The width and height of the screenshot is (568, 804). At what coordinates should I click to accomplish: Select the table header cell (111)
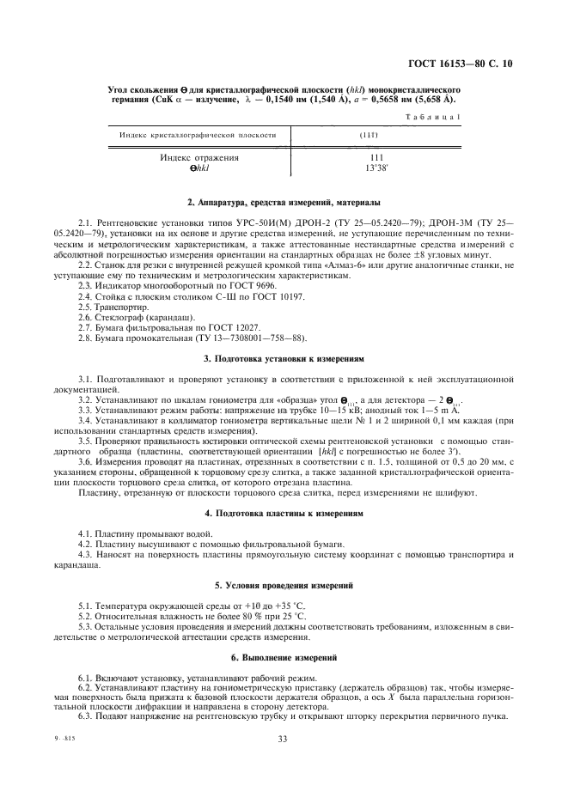pyautogui.click(x=376, y=135)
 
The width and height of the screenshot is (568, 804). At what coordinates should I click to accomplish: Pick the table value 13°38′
pyautogui.click(x=376, y=168)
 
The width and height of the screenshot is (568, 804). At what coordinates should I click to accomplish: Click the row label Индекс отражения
pyautogui.click(x=199, y=158)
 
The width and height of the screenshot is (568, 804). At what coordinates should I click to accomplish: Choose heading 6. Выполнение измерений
pyautogui.click(x=284, y=657)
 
